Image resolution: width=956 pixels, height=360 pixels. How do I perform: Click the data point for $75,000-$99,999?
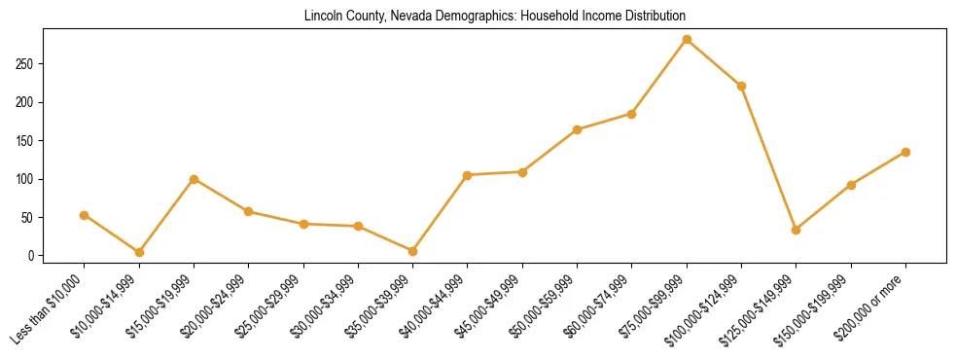[687, 40]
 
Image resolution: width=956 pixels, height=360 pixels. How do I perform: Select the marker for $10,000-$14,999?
[139, 252]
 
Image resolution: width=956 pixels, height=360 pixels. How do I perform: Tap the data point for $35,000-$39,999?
[412, 251]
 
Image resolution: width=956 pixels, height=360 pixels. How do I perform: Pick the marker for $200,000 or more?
[905, 152]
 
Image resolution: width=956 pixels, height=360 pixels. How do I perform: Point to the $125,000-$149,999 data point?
[796, 230]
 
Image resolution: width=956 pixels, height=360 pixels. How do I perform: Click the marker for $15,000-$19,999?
[194, 179]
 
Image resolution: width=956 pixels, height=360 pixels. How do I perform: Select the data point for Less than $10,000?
[85, 215]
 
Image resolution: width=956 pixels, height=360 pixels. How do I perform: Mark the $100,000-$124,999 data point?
[741, 86]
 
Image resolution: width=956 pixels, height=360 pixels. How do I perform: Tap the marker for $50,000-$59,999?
[577, 129]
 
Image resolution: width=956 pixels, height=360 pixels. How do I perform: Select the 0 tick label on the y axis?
[32, 256]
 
